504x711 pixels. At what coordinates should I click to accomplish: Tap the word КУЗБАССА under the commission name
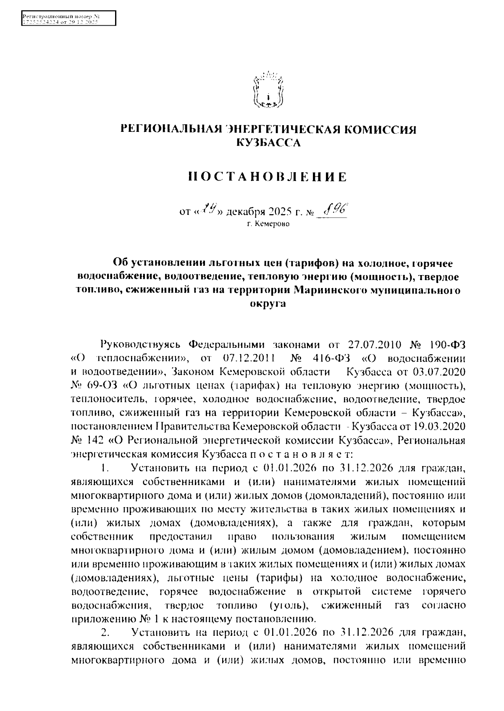tap(268, 144)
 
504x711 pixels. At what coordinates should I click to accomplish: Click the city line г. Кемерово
tap(268, 225)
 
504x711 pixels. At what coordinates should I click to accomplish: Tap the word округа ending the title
tap(268, 304)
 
